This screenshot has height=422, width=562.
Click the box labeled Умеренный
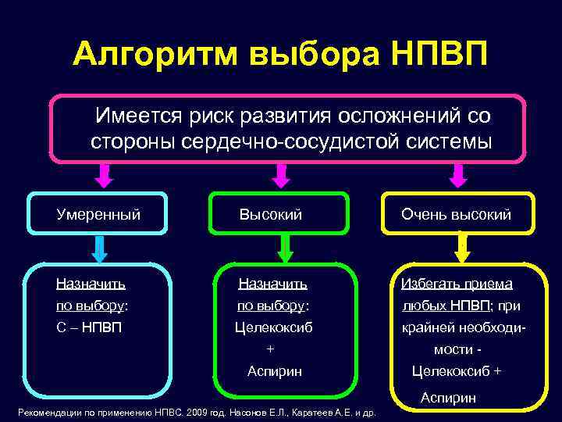click(x=98, y=213)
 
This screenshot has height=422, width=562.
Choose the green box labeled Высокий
click(x=279, y=213)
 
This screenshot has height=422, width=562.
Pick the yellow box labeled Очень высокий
click(x=457, y=213)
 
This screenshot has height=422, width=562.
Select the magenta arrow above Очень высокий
click(x=456, y=176)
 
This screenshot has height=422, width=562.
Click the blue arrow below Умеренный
click(x=99, y=249)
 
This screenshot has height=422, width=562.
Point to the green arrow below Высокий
click(x=286, y=249)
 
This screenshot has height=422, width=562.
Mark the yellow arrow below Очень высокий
click(x=461, y=249)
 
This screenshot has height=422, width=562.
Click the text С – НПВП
click(x=88, y=327)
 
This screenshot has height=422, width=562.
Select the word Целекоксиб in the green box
click(x=273, y=327)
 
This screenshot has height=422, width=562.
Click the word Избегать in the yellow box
click(x=429, y=284)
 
